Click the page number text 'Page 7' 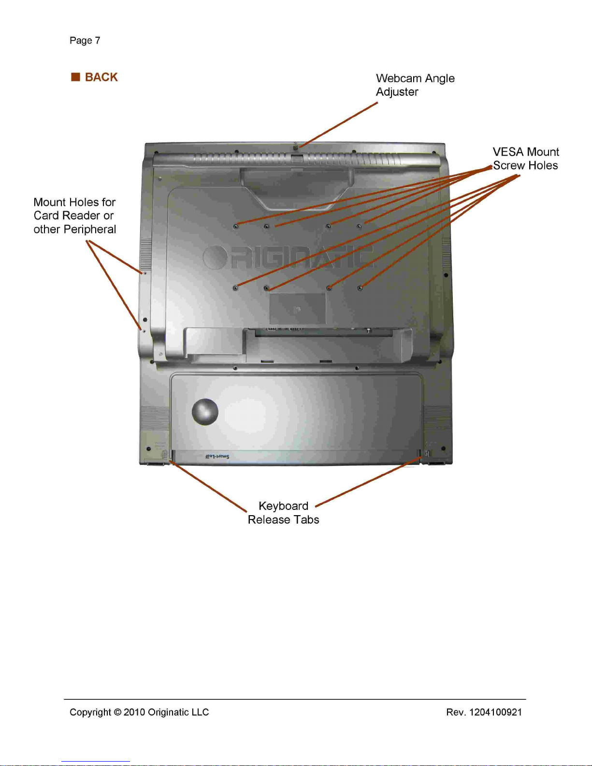point(85,41)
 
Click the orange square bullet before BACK point(75,77)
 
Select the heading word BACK point(101,77)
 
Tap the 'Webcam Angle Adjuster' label point(415,85)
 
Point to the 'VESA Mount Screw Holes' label point(525,159)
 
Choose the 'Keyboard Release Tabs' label point(283,513)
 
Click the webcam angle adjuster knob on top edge point(296,145)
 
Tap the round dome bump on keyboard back point(205,411)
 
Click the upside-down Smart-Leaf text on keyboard point(217,457)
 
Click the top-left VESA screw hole point(236,226)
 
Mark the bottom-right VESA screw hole point(360,288)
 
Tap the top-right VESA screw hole point(359,226)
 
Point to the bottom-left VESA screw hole point(235,288)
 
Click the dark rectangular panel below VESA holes point(298,308)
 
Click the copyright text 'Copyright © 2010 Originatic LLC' point(139,712)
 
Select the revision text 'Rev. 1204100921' point(484,712)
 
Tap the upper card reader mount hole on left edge point(144,273)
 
